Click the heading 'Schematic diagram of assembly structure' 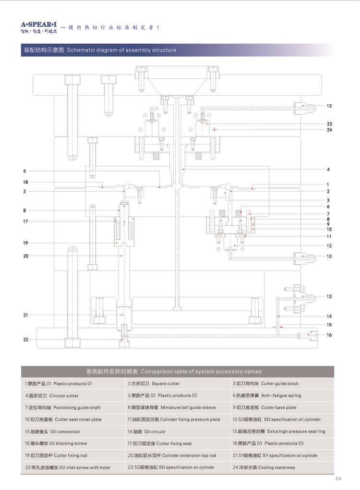coord(121,50)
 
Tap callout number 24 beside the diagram coord(329,130)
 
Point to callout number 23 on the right coord(329,124)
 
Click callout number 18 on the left coord(25,182)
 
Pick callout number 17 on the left coord(25,221)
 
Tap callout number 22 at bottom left coord(25,340)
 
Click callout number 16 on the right coord(329,335)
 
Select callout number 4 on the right coord(328,170)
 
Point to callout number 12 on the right coord(329,246)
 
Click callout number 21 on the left coord(25,315)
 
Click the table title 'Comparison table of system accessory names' coord(201,371)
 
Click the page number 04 coord(338,478)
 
